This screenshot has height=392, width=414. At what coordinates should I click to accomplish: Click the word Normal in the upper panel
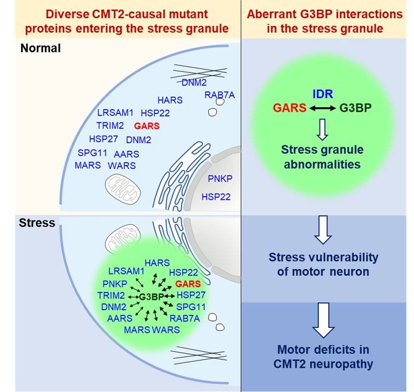coord(41,49)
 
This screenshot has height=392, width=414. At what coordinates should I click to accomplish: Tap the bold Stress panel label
coord(37,223)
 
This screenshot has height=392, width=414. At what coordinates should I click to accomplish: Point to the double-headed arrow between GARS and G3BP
coord(322,109)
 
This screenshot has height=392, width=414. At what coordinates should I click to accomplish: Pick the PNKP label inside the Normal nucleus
coord(220,179)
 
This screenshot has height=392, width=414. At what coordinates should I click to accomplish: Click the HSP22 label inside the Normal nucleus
coord(216,197)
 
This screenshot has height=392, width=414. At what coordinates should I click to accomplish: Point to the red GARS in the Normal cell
coord(146,125)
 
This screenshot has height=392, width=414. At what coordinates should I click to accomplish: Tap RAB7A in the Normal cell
coord(219,94)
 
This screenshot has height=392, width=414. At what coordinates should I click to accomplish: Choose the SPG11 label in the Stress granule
coord(191,307)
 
